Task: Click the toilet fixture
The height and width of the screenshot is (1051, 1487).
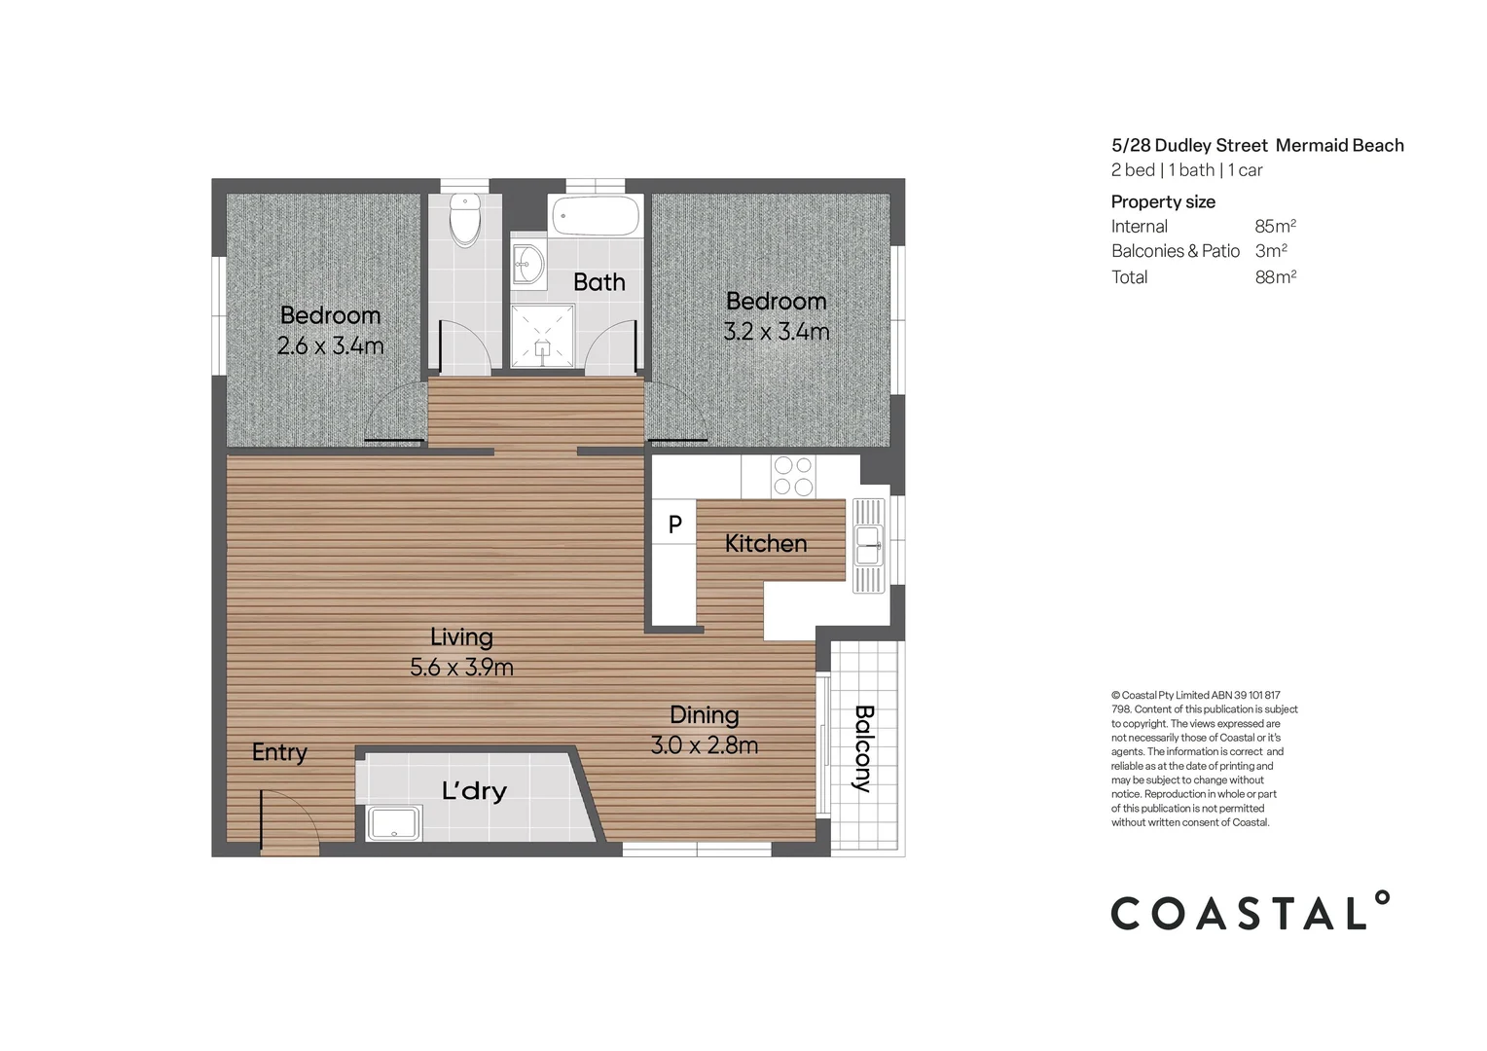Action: pos(465,220)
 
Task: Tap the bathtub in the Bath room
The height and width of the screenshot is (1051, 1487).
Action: pos(596,215)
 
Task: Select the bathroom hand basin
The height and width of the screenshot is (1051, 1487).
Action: pos(528,265)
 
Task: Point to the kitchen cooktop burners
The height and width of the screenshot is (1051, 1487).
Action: pos(792,476)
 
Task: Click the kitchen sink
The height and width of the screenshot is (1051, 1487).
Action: pos(868,546)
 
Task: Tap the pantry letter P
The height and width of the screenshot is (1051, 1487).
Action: pos(674,525)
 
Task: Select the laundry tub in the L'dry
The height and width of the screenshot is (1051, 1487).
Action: pos(394,822)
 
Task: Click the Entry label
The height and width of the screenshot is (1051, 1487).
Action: pos(279,752)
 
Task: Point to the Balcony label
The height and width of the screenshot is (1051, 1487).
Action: pos(863,748)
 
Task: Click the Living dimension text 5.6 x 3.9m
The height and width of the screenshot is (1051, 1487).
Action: pos(461,667)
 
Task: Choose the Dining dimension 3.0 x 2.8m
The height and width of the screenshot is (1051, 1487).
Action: pos(704,744)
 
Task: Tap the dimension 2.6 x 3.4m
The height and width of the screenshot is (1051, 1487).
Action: pos(330,345)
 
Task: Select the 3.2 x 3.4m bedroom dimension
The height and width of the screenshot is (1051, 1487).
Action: pos(776,331)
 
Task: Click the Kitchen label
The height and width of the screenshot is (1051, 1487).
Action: pos(766,543)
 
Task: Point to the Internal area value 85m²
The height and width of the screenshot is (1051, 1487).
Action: pos(1275,226)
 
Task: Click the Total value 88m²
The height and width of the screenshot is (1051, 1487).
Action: pos(1275,276)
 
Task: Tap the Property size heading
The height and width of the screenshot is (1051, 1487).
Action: pos(1163,201)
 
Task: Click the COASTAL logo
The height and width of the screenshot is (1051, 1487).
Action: pos(1250,910)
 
